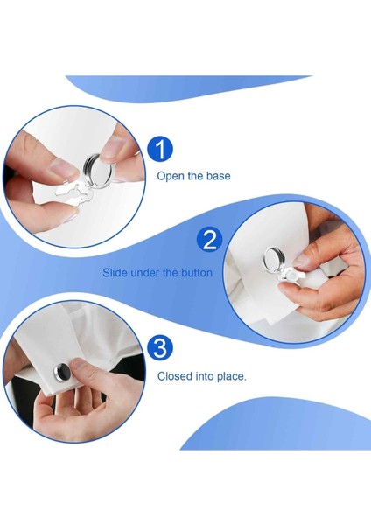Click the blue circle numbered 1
click(161, 150)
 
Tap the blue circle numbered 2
click(210, 240)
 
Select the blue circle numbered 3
click(161, 348)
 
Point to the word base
click(218, 176)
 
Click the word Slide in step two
click(115, 272)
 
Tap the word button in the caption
click(197, 272)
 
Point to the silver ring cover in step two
click(274, 260)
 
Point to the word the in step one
click(195, 176)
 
